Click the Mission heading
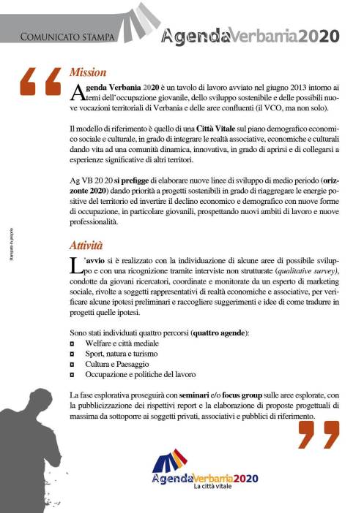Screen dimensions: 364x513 (x=87, y=73)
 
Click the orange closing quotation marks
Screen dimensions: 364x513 (x=318, y=434)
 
